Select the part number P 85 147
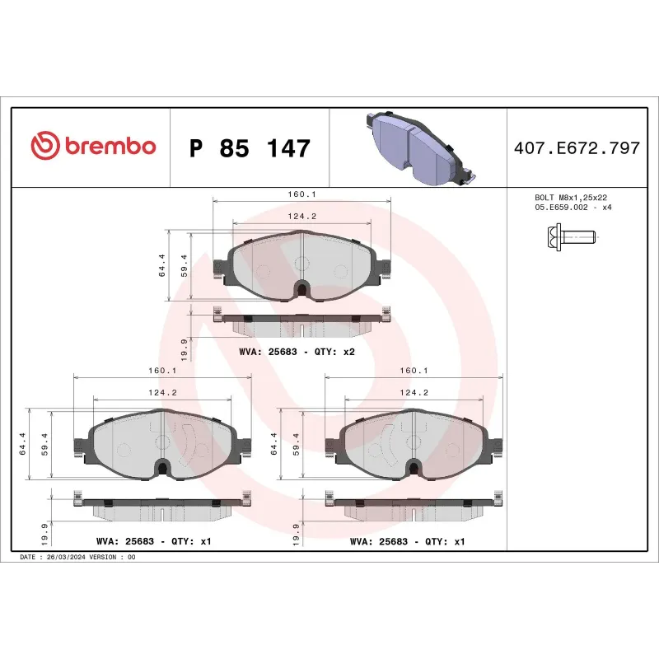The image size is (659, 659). [250, 149]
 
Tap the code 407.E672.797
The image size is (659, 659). [576, 149]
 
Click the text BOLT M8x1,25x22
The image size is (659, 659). [571, 199]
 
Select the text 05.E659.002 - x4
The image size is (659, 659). [573, 208]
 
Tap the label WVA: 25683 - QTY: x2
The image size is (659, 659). [297, 351]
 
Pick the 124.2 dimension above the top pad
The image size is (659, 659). [301, 216]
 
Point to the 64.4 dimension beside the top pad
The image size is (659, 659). [161, 264]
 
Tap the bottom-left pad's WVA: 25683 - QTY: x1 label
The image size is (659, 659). [154, 542]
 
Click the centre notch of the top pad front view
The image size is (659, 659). [302, 289]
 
